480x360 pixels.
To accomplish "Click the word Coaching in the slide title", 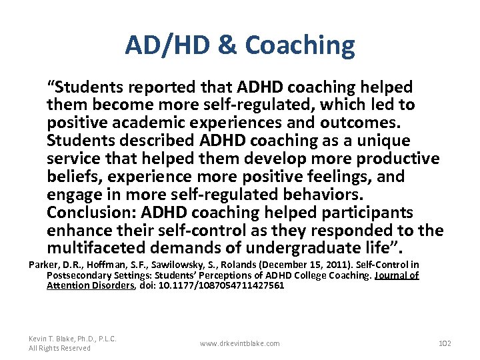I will pyautogui.click(x=300, y=45).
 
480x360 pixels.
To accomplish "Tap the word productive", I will pyautogui.click(x=397, y=159).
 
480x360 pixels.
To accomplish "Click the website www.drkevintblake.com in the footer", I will pyautogui.click(x=240, y=343).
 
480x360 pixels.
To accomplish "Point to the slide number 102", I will pyautogui.click(x=445, y=343).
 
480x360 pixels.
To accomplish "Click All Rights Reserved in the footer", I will pyautogui.click(x=60, y=348).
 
